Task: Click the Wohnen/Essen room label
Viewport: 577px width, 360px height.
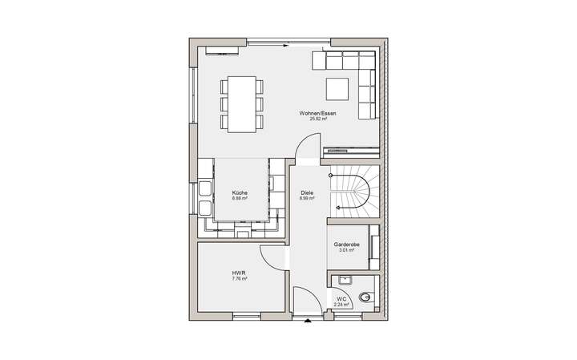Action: [317, 113]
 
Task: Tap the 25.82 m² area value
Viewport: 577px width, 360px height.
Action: [317, 119]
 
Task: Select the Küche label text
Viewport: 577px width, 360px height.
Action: [240, 193]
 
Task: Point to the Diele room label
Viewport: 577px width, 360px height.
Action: [306, 193]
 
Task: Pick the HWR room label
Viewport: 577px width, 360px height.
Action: [239, 273]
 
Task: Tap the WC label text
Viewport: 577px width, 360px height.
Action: [341, 299]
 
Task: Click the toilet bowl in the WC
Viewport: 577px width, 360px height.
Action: [365, 297]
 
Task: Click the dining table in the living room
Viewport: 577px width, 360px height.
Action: [241, 104]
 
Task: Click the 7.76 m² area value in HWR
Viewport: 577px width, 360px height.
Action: [239, 279]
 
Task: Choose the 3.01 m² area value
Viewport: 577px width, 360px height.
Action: [346, 250]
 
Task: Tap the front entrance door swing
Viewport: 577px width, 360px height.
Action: [305, 301]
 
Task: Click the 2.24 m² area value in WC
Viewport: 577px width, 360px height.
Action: [341, 305]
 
